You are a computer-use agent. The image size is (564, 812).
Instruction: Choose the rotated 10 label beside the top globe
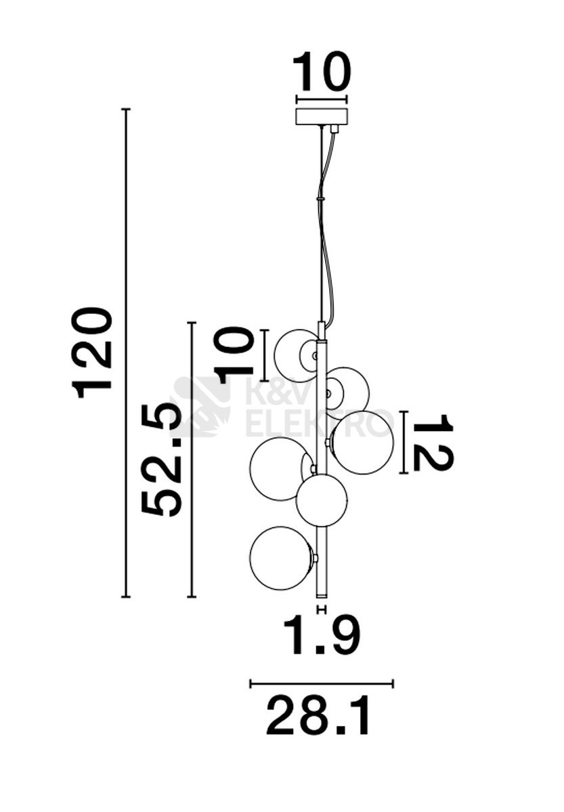(233, 355)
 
